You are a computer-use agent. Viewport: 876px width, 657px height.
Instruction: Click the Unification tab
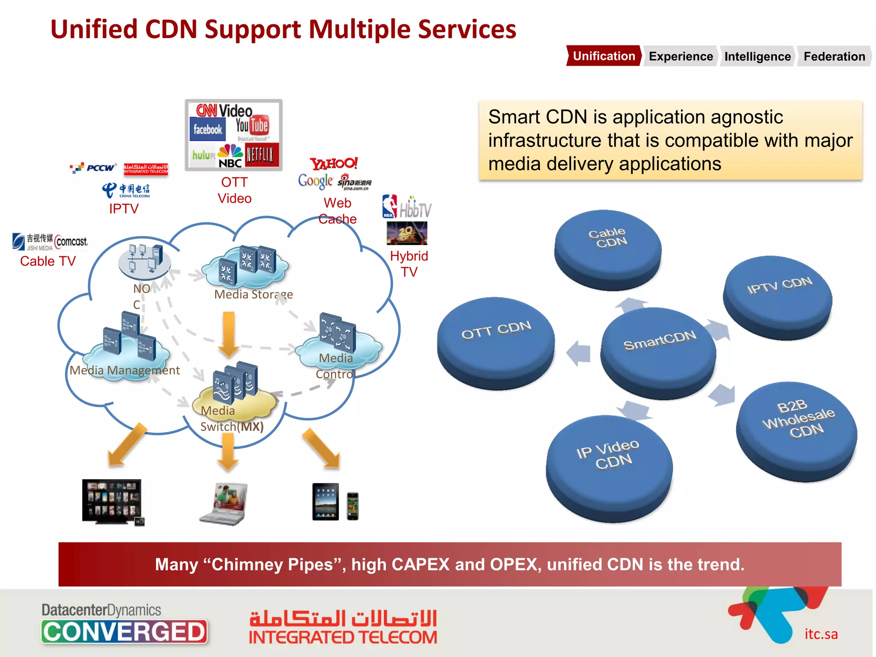[604, 56]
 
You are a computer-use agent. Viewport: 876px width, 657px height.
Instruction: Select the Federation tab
[834, 56]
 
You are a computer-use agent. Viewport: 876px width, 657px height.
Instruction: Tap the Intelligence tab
[757, 56]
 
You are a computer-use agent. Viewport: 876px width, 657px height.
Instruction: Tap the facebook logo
[207, 129]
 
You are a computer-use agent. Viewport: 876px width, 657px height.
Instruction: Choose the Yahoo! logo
[334, 163]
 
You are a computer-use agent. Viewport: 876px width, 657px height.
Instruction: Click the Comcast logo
[71, 242]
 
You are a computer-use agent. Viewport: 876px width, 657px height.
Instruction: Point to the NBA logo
[389, 207]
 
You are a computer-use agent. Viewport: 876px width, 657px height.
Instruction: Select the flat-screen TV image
[112, 501]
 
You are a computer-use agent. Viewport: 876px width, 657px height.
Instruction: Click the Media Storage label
[253, 294]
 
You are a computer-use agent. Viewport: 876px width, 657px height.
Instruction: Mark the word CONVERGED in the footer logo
[124, 632]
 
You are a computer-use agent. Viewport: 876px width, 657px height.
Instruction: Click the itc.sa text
[821, 634]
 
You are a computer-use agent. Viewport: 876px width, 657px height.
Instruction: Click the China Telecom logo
[126, 190]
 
